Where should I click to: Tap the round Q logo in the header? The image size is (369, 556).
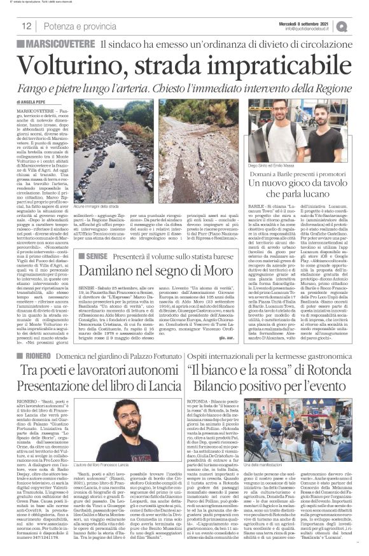(x=359, y=25)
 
